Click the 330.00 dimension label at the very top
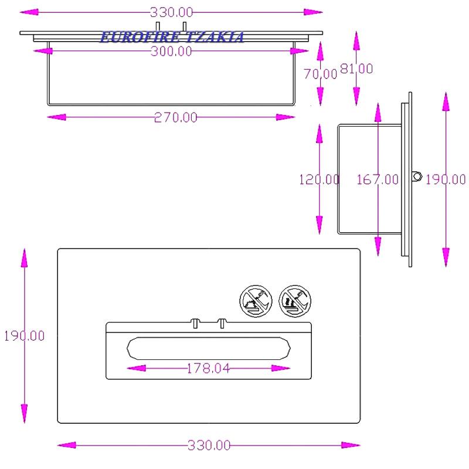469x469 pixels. point(171,12)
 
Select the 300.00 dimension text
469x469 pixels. point(171,51)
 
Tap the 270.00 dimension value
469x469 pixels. point(175,117)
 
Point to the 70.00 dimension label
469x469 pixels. point(320,74)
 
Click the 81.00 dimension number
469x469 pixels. point(356,69)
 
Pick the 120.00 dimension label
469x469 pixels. point(320,179)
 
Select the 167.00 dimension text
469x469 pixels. point(378,179)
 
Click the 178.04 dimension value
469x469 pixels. point(208,368)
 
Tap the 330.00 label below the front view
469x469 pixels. point(209,446)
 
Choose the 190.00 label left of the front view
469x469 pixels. point(24,335)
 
